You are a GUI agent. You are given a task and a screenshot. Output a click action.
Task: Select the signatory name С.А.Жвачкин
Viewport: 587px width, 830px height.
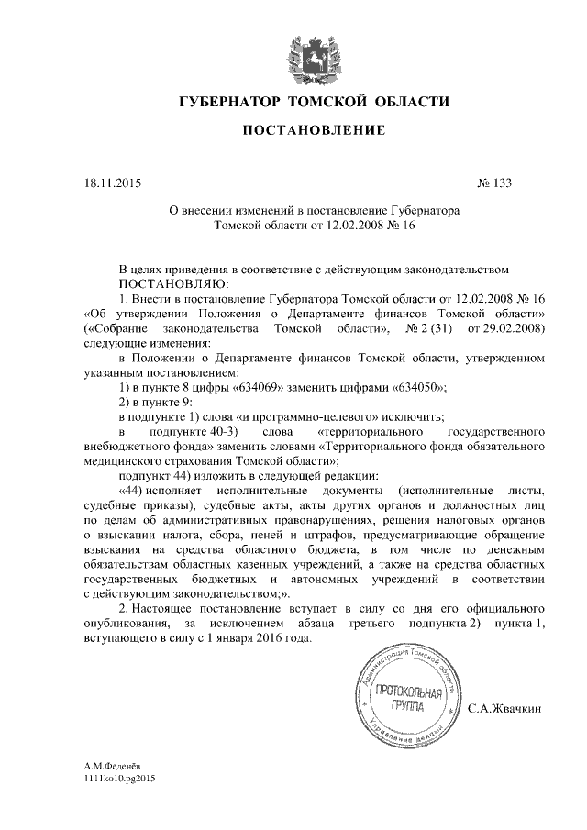(505, 709)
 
